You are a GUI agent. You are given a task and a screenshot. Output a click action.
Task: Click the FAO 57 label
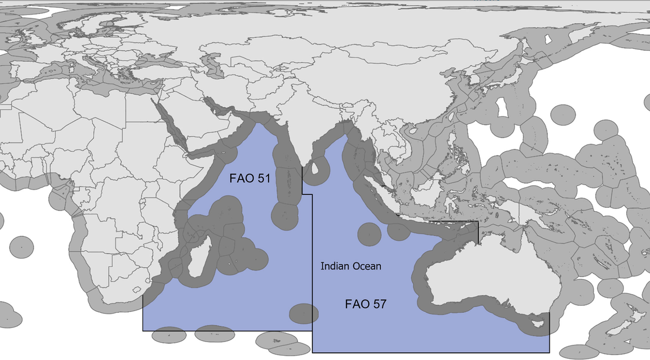click(x=365, y=304)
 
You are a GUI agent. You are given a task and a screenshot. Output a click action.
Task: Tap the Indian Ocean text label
click(x=350, y=266)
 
